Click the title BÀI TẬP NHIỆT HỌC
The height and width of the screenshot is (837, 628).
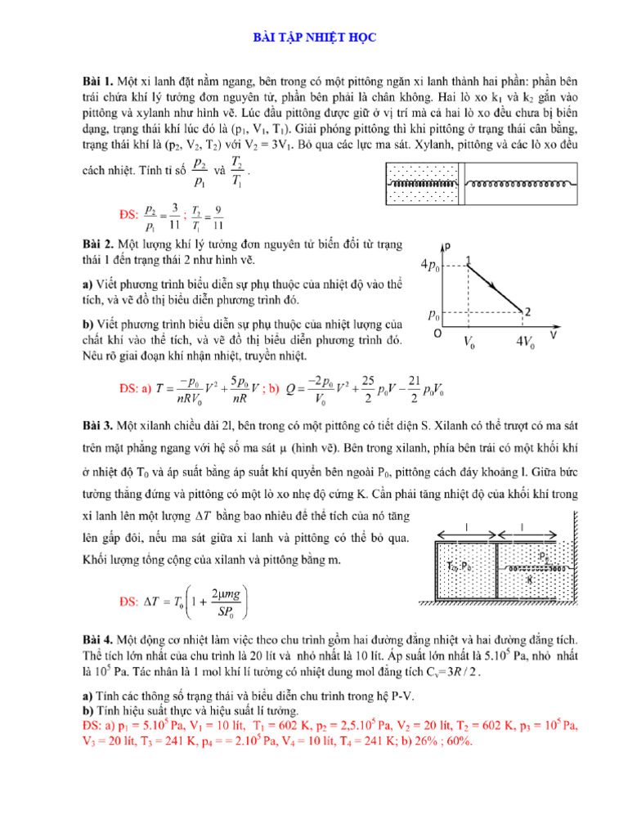[313, 38]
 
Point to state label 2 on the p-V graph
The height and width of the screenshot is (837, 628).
[529, 311]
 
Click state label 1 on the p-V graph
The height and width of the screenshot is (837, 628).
[469, 261]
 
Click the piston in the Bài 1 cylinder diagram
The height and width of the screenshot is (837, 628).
[461, 185]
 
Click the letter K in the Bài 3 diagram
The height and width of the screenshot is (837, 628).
[531, 578]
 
